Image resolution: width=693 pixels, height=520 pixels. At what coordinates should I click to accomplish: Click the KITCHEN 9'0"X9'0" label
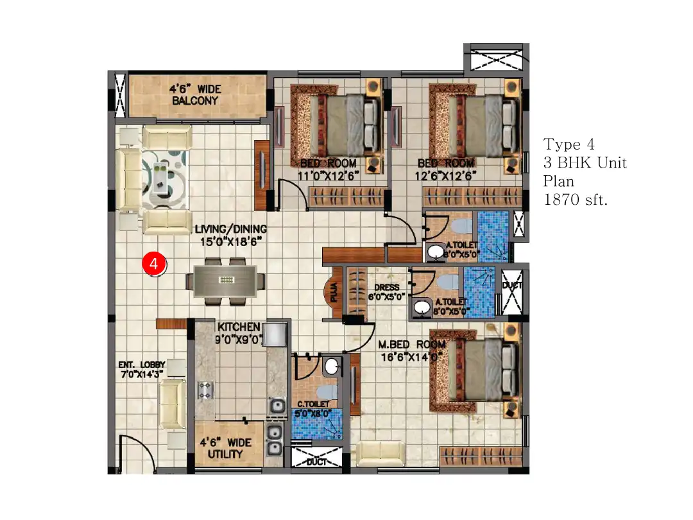pos(239,333)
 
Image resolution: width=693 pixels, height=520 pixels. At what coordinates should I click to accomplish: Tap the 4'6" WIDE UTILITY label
pos(225,448)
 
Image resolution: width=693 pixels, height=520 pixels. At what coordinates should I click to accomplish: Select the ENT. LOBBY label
pos(142,369)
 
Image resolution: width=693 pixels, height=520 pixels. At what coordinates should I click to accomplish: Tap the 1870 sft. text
pos(576,200)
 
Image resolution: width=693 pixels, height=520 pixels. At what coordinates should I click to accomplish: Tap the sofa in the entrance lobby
pos(172,404)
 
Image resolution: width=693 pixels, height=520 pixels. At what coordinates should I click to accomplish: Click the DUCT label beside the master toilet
pos(512,285)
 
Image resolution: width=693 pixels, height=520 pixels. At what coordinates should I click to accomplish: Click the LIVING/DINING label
pos(230,235)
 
